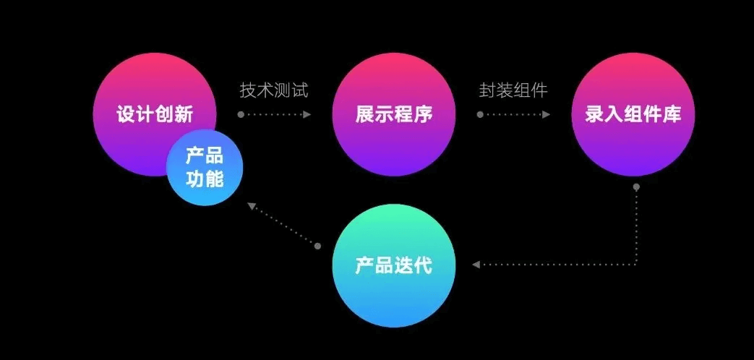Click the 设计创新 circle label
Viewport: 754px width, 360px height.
click(155, 114)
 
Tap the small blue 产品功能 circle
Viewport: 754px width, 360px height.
click(205, 167)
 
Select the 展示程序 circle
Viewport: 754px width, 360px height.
click(394, 114)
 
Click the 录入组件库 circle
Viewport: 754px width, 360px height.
click(633, 114)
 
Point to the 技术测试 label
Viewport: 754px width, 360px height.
click(274, 90)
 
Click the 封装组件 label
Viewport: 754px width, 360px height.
click(513, 90)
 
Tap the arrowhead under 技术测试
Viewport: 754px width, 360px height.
click(307, 114)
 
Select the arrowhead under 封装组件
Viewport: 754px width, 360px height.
click(547, 114)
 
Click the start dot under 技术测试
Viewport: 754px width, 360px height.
click(241, 114)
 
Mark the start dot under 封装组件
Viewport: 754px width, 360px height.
click(479, 114)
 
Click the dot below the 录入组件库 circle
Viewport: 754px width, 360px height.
click(636, 187)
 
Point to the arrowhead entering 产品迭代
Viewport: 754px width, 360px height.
click(475, 265)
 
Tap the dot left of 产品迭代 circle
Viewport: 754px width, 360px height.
click(317, 247)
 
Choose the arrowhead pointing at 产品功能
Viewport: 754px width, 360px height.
click(252, 207)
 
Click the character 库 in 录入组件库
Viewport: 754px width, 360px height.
click(672, 114)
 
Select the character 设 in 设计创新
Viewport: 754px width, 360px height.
click(126, 114)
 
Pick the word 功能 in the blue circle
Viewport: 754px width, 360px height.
click(205, 178)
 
